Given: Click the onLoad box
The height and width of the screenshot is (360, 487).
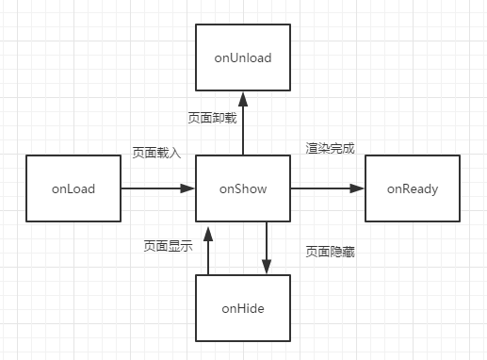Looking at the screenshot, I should (73, 189).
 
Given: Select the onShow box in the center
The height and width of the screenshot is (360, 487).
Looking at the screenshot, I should (243, 189).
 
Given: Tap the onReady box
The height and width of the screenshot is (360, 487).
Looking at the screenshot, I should (413, 189).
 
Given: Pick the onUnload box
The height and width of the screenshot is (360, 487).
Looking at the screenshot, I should (243, 58).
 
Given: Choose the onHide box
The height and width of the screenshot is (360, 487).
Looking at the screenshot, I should (243, 308).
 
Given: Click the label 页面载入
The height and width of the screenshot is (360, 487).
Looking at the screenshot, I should (154, 151).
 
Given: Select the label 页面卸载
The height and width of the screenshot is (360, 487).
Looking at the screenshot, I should (211, 118).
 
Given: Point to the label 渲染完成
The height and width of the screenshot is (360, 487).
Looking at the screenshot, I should (329, 148).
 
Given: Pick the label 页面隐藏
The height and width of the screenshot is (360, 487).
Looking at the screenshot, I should (329, 252).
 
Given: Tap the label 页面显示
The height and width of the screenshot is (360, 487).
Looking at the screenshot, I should (168, 247).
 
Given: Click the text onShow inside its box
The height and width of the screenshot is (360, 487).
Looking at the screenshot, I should (243, 189).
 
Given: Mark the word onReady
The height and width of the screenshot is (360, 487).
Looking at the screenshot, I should (413, 189).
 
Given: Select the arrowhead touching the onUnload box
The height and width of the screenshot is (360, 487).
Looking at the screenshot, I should (243, 98).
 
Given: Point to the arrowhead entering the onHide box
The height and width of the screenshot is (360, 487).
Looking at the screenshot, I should (267, 268).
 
